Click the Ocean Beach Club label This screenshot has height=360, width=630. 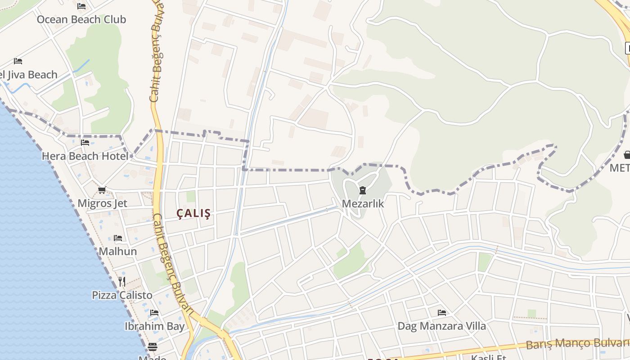click(81, 19)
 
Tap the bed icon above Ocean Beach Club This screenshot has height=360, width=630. click(81, 6)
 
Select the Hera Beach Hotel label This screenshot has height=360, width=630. click(85, 156)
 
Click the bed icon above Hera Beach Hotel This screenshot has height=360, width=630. click(85, 143)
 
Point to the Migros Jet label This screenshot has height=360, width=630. click(102, 203)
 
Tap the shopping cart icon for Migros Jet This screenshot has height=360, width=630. click(102, 190)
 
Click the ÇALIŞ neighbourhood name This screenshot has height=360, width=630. click(193, 214)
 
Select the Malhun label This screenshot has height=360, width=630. click(118, 251)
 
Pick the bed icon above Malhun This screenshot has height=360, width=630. click(118, 238)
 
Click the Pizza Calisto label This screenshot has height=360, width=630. click(122, 295)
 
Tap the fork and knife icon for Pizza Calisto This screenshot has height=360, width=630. click(122, 282)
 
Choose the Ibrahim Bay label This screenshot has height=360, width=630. click(154, 326)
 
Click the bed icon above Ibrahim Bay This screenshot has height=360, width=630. click(154, 313)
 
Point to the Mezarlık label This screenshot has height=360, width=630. click(363, 203)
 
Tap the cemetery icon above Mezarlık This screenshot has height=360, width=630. click(363, 190)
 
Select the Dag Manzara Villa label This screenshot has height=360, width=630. click(441, 326)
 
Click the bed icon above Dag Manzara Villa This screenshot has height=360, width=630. click(441, 313)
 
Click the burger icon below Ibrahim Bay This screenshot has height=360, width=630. click(153, 347)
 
